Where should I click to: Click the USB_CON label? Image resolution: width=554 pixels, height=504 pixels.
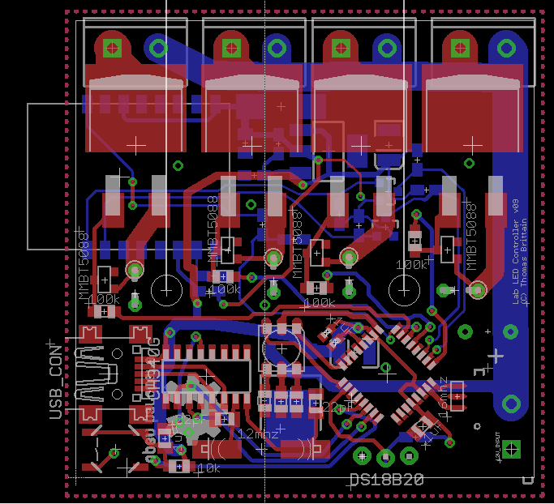click(55, 380)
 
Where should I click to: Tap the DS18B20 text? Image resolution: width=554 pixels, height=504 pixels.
click(386, 480)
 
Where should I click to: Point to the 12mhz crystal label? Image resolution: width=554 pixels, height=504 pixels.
click(259, 434)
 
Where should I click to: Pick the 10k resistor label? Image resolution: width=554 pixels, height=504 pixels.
click(208, 468)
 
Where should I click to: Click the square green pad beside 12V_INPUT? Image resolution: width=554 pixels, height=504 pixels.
click(511, 448)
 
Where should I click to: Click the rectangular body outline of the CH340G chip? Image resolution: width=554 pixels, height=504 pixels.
click(206, 375)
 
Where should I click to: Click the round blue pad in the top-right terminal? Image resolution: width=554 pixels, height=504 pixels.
click(505, 47)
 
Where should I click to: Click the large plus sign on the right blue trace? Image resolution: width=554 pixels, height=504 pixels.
click(496, 357)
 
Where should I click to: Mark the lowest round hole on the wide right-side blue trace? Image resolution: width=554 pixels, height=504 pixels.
click(511, 404)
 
